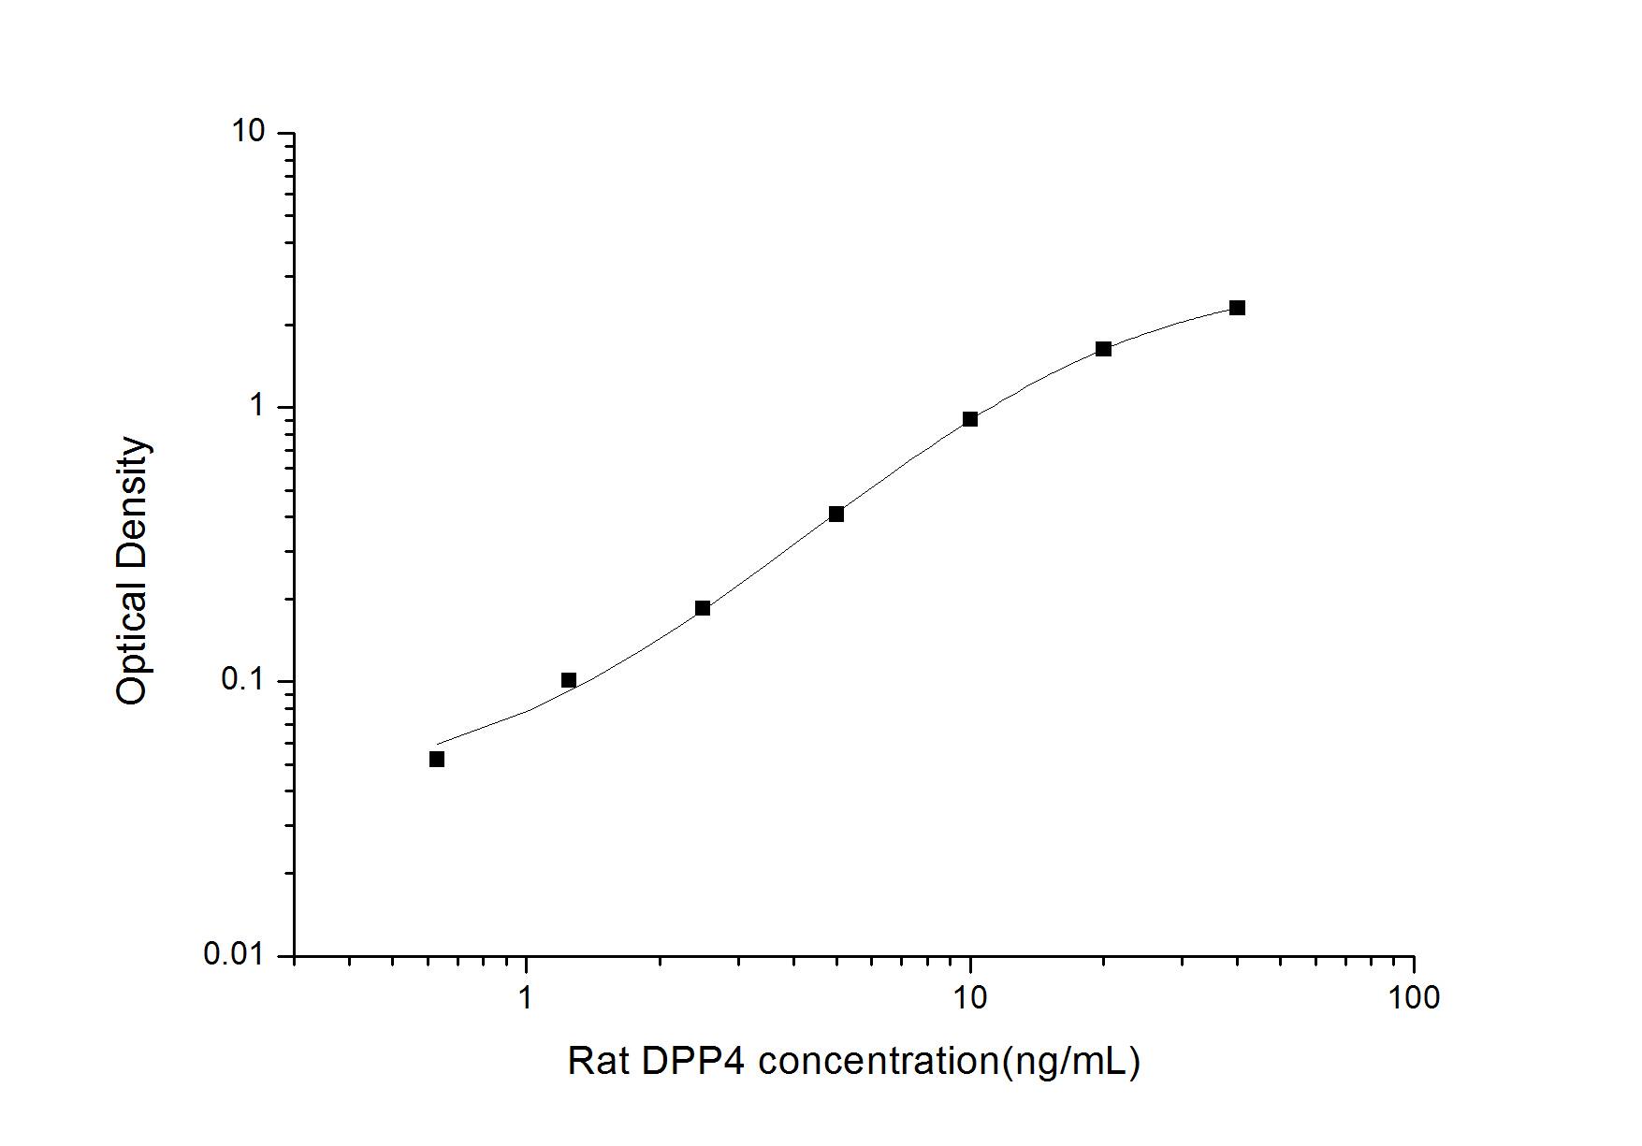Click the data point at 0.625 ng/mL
(x=437, y=759)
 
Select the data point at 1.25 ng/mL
(x=569, y=680)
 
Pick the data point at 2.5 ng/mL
(x=703, y=608)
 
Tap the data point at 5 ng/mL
(x=836, y=514)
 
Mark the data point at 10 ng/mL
(x=970, y=419)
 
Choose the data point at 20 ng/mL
(x=1104, y=349)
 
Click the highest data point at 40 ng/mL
(x=1238, y=308)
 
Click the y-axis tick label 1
(x=257, y=406)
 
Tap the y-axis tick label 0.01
(x=234, y=955)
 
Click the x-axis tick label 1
(x=526, y=998)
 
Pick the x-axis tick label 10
(x=970, y=998)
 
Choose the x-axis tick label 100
(x=1414, y=998)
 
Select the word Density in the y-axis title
(x=132, y=502)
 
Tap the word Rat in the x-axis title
(x=598, y=1062)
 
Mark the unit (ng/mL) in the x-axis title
(x=1071, y=1062)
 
